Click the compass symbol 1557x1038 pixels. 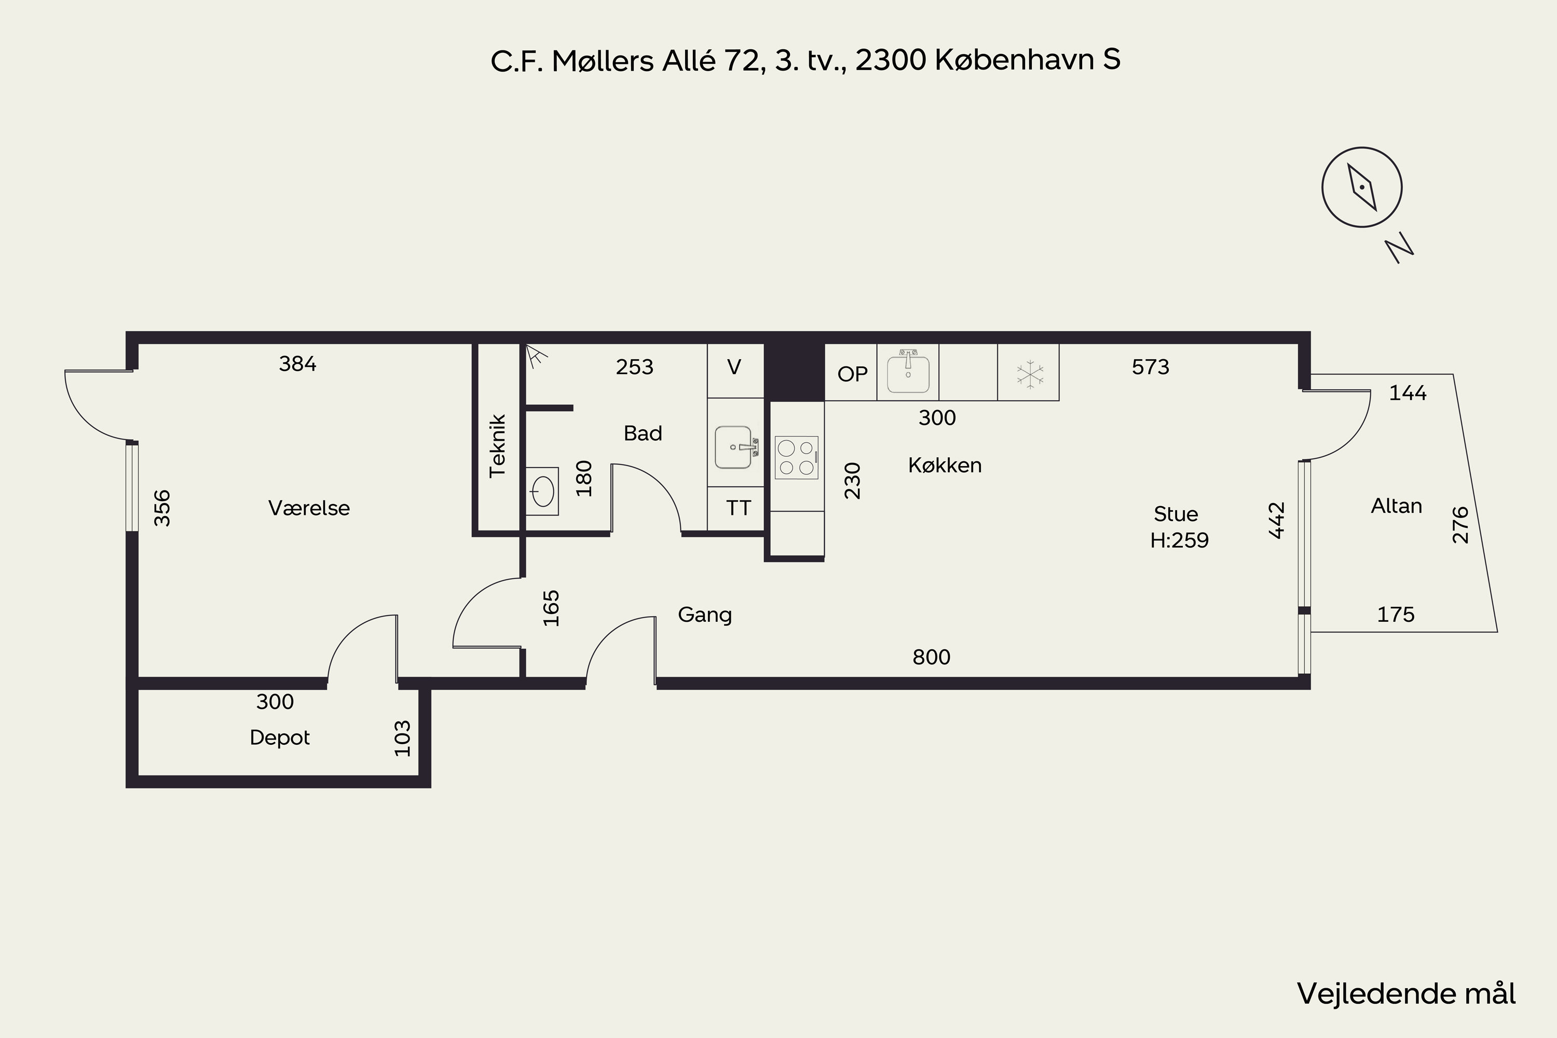coord(1362,187)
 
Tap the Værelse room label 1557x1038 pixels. coord(309,508)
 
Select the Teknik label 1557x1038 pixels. coord(497,445)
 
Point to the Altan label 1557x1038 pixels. coord(1396,506)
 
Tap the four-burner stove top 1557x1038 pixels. coord(796,457)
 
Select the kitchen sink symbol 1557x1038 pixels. coord(908,372)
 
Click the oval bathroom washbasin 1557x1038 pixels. coord(542,491)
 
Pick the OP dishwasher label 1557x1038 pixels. coord(852,374)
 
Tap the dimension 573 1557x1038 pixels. coord(1151,367)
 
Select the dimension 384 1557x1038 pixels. coord(297,363)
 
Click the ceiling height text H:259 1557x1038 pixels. coord(1179,540)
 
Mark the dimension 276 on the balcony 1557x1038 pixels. coord(1460,525)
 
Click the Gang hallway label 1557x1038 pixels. coord(705,615)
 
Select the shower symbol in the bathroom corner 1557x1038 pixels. coord(536,356)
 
